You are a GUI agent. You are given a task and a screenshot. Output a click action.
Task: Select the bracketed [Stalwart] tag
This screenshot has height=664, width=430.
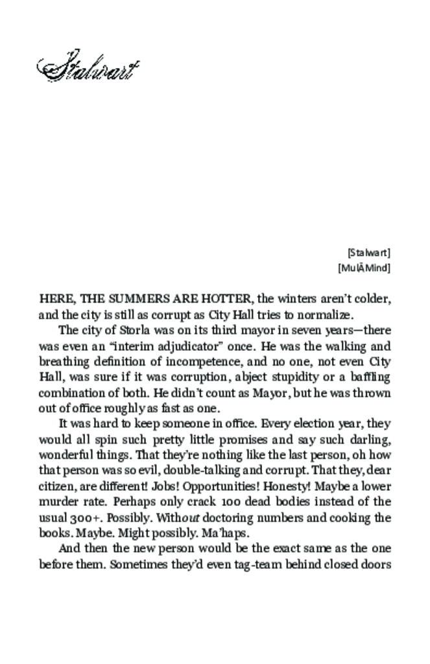click(x=369, y=252)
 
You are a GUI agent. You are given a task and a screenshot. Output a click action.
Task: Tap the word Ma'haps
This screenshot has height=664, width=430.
click(x=224, y=533)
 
